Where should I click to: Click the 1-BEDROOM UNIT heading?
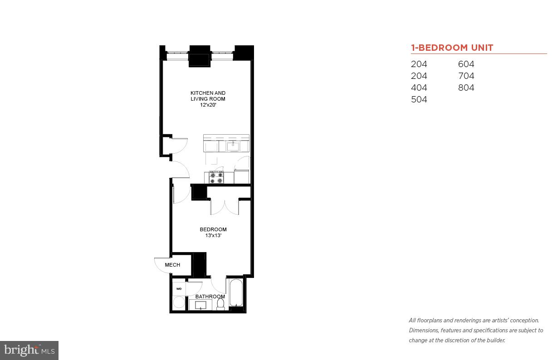[x=452, y=48]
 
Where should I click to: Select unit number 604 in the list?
[x=466, y=64]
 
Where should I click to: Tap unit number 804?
[x=466, y=88]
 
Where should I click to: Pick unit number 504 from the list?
[x=419, y=100]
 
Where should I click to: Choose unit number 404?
[x=419, y=88]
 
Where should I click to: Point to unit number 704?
[x=466, y=76]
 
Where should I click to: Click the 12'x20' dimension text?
[x=208, y=105]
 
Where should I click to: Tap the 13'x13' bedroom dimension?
[x=213, y=236]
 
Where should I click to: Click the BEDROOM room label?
[x=213, y=229]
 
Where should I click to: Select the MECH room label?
[x=172, y=265]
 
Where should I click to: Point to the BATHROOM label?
[x=210, y=297]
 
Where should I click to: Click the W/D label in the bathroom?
[x=179, y=288]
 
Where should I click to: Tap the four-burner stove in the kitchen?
[x=216, y=177]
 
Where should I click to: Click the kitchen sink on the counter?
[x=233, y=146]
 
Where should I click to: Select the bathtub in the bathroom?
[x=236, y=293]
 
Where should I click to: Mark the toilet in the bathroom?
[x=221, y=304]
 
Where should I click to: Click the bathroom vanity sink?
[x=200, y=305]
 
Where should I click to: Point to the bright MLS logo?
[x=29, y=350]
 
